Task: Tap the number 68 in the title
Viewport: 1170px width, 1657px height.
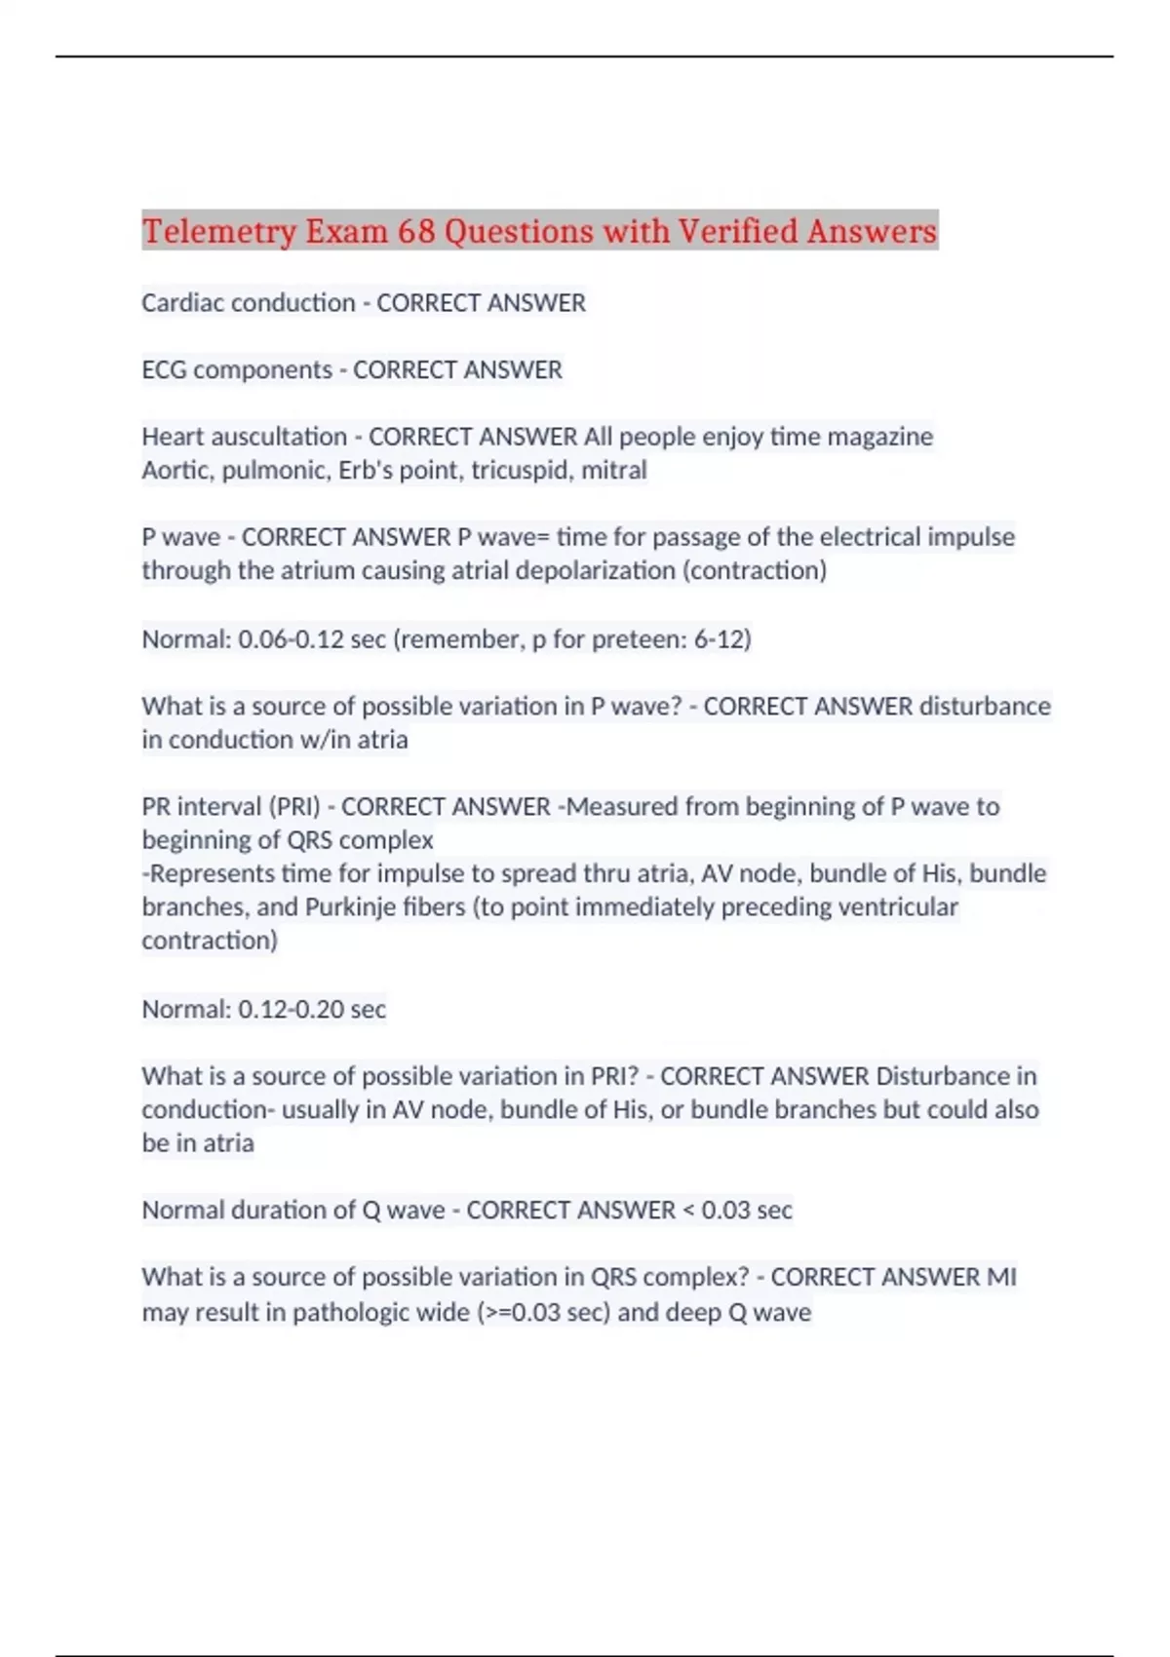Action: (x=416, y=231)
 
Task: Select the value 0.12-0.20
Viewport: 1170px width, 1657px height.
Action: (x=291, y=1009)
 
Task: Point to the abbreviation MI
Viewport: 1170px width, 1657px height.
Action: (x=1001, y=1277)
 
